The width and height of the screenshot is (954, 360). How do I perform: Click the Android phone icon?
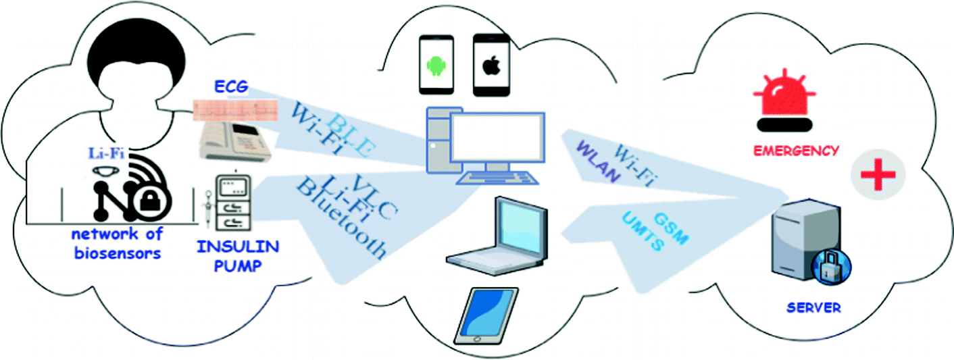tap(436, 64)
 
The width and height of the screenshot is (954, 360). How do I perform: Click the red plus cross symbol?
tap(878, 174)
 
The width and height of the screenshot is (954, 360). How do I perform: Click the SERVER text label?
tap(813, 308)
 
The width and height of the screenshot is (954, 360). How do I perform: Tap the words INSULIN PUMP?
tap(228, 255)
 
